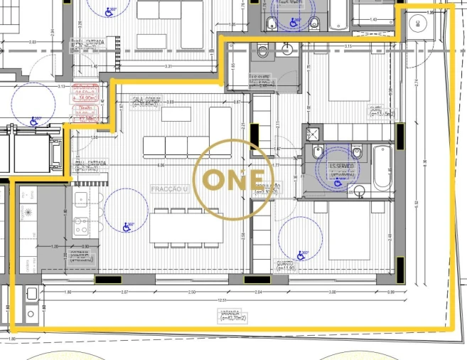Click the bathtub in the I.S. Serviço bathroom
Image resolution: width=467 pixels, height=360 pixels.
382,167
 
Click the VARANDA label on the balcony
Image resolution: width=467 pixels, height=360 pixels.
230,313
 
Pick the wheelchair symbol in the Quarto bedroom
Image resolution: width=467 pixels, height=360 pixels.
301,253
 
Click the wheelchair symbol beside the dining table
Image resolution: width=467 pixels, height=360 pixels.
129,227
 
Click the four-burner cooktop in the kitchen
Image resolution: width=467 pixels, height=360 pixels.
81,226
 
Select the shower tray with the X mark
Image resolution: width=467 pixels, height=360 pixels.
311,132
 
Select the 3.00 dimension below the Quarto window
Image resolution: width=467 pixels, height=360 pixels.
331,292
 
